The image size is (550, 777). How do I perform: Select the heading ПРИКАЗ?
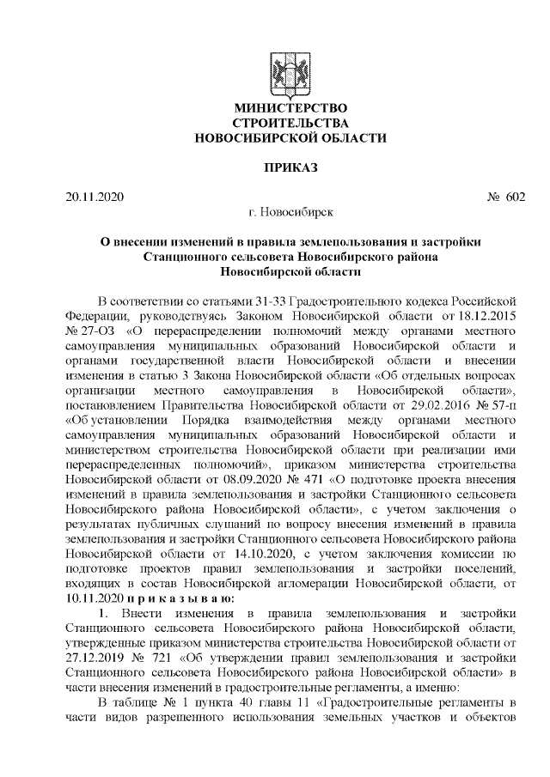click(290, 167)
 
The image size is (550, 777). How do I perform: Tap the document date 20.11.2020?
click(95, 197)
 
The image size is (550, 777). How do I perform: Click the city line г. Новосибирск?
click(290, 210)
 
